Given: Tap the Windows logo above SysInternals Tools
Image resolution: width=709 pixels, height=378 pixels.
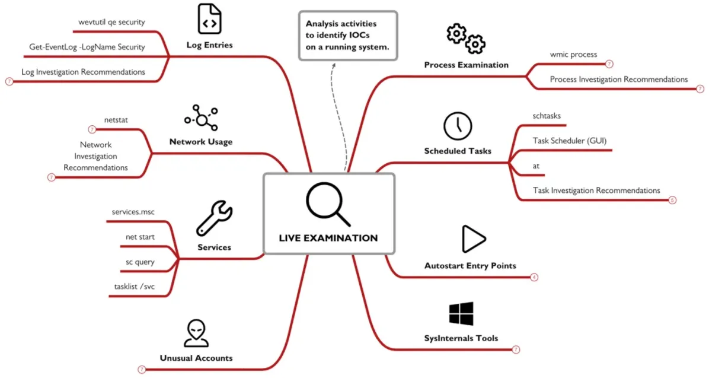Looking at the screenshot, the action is [x=461, y=314].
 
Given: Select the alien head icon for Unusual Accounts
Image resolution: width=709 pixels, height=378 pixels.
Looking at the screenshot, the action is [x=196, y=333].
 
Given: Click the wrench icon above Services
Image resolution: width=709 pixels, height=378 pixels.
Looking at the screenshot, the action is [x=214, y=218].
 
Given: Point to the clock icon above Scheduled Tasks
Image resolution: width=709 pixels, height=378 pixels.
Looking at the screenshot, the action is [x=458, y=126].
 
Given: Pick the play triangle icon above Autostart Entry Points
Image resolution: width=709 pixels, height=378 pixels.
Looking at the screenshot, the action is [x=474, y=239].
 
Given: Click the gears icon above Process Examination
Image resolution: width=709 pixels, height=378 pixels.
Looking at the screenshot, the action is [x=466, y=39].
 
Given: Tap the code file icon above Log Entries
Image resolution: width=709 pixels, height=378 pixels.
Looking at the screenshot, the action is [x=210, y=18].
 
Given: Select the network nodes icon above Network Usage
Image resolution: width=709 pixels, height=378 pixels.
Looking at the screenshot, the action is [x=201, y=117].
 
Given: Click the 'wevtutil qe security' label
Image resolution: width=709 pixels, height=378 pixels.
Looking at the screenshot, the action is [x=111, y=22].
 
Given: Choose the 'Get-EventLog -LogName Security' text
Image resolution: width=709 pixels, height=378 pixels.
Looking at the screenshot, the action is [x=87, y=47].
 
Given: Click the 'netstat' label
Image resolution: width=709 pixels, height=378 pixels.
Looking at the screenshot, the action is [x=116, y=120].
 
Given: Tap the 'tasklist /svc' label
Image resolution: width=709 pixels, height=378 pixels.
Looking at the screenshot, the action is [x=135, y=287].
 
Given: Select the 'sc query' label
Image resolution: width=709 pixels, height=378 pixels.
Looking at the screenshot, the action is [x=140, y=262].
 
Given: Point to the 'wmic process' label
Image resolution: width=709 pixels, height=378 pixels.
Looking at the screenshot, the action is [x=573, y=55].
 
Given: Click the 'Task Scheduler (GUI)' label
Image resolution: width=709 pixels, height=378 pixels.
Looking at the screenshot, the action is [x=570, y=140].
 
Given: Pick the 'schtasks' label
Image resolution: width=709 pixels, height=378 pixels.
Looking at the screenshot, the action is [x=547, y=116].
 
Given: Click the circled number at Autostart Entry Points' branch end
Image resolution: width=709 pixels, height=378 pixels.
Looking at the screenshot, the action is [x=534, y=277].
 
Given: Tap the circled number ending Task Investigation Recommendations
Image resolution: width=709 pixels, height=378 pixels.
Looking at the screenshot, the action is [x=672, y=200].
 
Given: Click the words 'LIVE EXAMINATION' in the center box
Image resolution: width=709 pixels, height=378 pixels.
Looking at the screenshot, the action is [x=328, y=238].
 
